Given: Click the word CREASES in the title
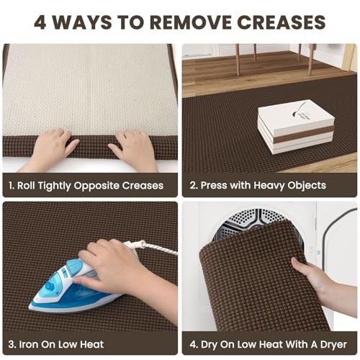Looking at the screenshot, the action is [282, 22].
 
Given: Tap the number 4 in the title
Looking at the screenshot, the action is [40, 22].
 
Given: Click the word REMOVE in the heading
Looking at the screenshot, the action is [191, 22].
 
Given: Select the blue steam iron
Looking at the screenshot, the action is [77, 285].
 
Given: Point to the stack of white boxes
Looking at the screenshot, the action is [296, 130].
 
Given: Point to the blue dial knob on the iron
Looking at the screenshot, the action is [50, 287].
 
